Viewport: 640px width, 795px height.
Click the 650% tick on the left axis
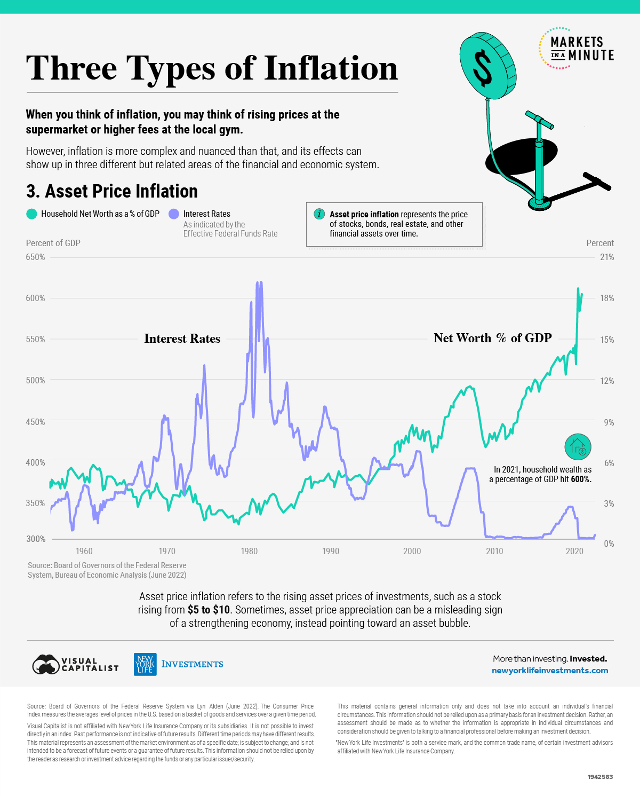(35, 257)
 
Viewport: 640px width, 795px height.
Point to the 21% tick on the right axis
(607, 257)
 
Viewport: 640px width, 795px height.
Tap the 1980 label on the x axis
(249, 551)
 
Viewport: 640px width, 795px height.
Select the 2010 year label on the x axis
(494, 551)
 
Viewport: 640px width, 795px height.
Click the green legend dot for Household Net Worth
(31, 214)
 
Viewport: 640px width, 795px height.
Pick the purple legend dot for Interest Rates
(173, 214)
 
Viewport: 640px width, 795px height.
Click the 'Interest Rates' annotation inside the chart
(182, 339)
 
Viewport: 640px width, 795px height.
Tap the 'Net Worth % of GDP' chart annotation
(492, 338)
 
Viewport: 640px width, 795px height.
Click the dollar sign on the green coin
(483, 68)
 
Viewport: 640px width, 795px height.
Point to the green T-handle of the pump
(539, 121)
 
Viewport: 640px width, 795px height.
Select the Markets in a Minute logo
(576, 49)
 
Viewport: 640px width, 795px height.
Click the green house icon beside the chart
(578, 446)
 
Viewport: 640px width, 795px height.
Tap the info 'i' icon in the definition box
(319, 214)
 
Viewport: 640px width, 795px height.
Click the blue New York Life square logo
(145, 664)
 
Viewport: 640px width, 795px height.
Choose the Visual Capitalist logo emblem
(46, 664)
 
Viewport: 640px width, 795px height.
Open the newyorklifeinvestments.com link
(549, 671)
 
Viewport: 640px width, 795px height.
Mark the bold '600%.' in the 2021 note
(581, 479)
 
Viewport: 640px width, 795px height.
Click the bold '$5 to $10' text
(209, 610)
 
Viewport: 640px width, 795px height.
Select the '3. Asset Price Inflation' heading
(112, 191)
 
